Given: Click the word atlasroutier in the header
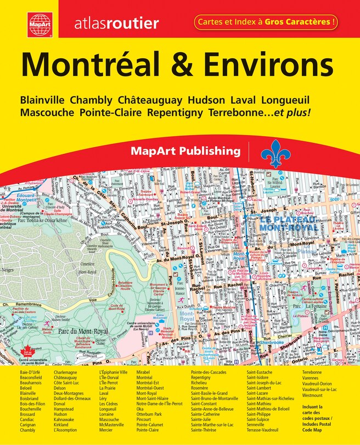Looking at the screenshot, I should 116,23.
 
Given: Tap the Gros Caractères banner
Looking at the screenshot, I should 265,23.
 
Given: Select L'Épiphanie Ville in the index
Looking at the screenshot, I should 113,372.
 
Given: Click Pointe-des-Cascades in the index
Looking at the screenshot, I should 211,372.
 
